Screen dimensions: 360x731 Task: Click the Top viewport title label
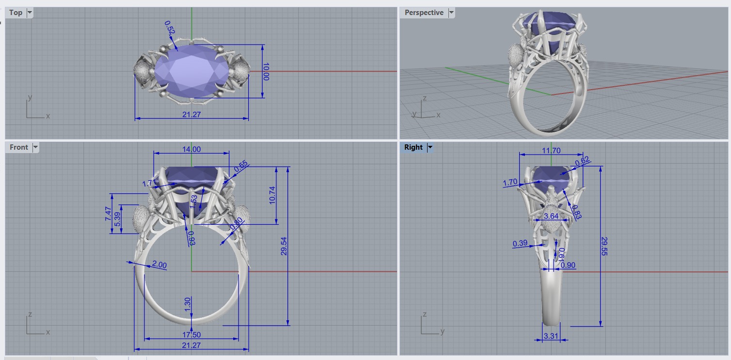(16, 13)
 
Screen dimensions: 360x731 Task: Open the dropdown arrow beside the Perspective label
(451, 13)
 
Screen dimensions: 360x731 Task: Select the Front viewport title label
(19, 147)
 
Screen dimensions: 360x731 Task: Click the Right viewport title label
(413, 147)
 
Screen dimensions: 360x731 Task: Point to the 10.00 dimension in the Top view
(265, 71)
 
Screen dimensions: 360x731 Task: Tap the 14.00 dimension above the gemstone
(191, 150)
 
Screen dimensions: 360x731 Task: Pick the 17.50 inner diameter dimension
(191, 335)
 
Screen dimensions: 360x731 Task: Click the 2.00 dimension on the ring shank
(159, 265)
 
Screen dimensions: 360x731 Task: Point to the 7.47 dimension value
(108, 214)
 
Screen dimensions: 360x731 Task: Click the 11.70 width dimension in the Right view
(551, 151)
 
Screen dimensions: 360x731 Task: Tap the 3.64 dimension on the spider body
(551, 216)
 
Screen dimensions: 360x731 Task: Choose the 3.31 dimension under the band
(550, 335)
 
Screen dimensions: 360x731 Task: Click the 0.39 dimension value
(520, 243)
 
